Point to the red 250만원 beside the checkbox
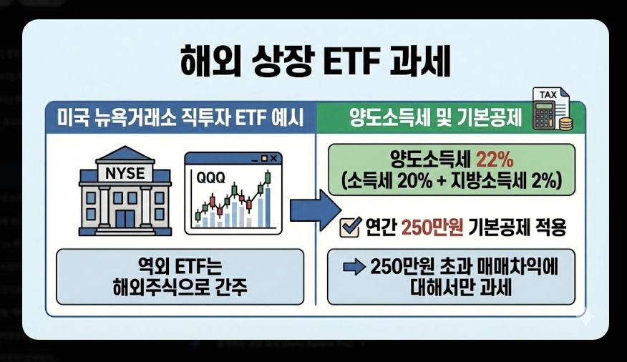(x=434, y=228)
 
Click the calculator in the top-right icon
(x=545, y=116)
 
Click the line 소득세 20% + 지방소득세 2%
(x=452, y=180)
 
